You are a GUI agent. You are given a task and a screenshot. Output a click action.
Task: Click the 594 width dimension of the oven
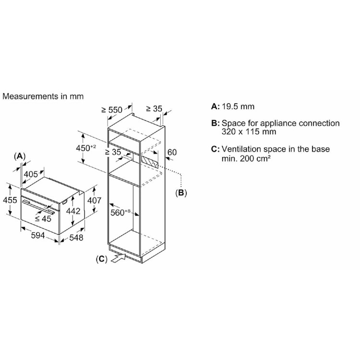tap(38, 235)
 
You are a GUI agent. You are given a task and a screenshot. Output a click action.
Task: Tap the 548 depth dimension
tap(76, 238)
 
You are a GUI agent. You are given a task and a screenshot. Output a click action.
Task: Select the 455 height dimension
tap(10, 200)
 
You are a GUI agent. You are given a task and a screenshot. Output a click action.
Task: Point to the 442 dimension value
tap(73, 211)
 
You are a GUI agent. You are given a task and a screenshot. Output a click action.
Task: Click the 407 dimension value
tap(94, 201)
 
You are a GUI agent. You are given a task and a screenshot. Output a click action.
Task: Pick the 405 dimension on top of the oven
tap(31, 174)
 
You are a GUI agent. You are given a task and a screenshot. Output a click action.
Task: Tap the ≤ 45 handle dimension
tap(43, 218)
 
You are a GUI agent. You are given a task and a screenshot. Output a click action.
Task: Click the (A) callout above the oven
tap(20, 156)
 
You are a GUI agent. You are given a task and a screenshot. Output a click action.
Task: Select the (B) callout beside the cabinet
tap(181, 192)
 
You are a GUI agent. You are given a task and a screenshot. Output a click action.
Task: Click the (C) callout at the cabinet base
tap(101, 259)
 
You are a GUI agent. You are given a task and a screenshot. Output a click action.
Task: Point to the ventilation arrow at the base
tap(119, 258)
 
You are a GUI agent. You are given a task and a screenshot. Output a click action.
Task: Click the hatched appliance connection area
tap(150, 162)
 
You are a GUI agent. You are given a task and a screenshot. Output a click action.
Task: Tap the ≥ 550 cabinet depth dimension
tap(112, 110)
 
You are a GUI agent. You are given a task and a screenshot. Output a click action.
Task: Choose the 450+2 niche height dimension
tap(86, 148)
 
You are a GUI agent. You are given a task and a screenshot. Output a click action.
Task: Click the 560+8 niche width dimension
tap(120, 212)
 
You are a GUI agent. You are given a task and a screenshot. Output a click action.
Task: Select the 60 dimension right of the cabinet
tap(172, 152)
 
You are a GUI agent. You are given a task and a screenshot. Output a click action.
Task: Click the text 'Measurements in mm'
tap(43, 96)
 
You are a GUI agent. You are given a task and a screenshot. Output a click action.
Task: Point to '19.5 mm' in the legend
tap(238, 107)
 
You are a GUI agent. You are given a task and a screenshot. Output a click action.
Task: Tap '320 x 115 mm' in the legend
tap(249, 132)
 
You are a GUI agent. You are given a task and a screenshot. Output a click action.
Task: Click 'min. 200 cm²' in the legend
tap(246, 158)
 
